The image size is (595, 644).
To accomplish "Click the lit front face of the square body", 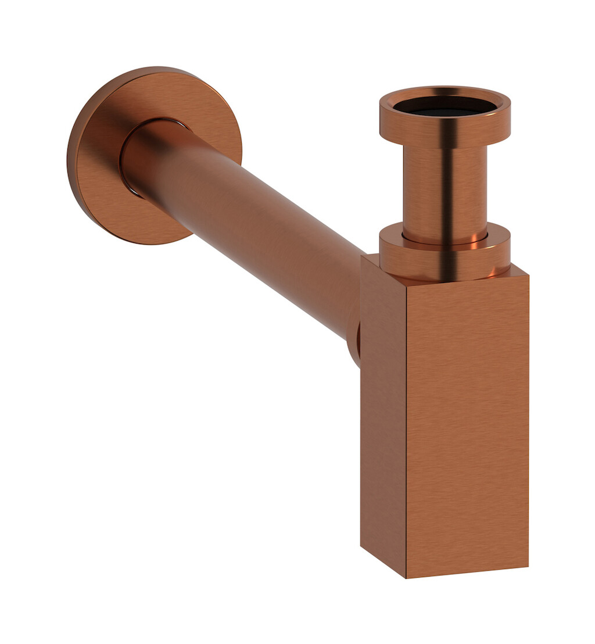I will [468, 424].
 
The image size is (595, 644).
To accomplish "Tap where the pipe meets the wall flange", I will [131, 169].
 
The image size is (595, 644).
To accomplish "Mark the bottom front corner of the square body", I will [406, 577].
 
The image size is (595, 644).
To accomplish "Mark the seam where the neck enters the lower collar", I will [445, 239].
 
